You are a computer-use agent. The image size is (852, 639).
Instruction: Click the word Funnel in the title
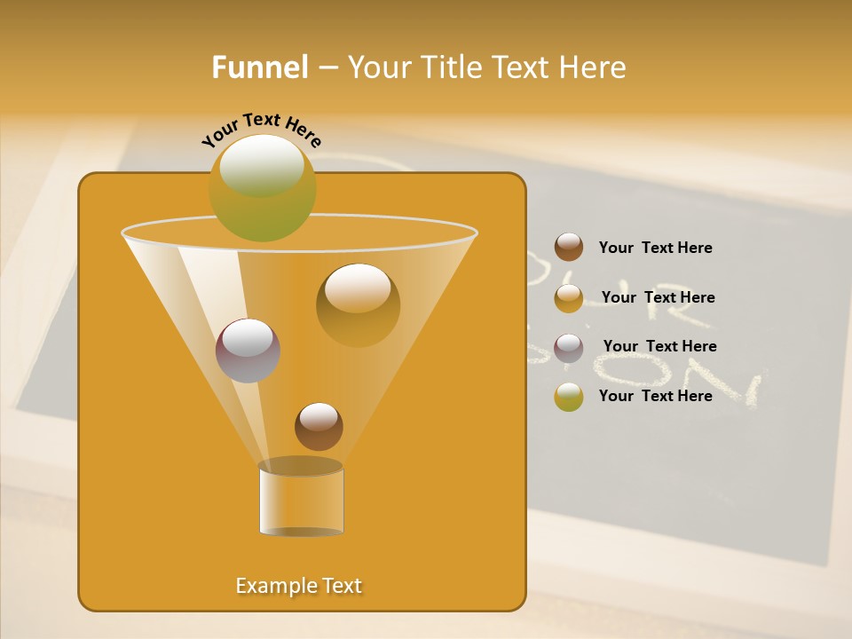pyautogui.click(x=259, y=67)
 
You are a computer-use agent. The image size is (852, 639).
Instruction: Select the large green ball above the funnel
pyautogui.click(x=262, y=187)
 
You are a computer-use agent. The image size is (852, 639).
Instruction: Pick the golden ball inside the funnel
pyautogui.click(x=358, y=304)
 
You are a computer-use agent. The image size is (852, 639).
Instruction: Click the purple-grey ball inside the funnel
pyautogui.click(x=248, y=351)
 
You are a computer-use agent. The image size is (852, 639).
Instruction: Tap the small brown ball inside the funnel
pyautogui.click(x=319, y=426)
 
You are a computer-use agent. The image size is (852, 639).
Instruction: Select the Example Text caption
pyautogui.click(x=299, y=586)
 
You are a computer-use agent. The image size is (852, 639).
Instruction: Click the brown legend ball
pyautogui.click(x=569, y=248)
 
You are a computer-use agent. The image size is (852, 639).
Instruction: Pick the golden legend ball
pyautogui.click(x=569, y=297)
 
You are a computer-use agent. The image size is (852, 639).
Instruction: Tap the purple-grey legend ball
pyautogui.click(x=569, y=347)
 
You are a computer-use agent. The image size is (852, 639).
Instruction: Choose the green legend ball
pyautogui.click(x=569, y=397)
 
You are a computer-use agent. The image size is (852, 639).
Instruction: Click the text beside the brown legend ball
pyautogui.click(x=655, y=248)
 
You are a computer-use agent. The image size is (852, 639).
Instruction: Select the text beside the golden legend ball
pyautogui.click(x=658, y=298)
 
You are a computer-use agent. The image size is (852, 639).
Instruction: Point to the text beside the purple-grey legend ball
pyautogui.click(x=659, y=347)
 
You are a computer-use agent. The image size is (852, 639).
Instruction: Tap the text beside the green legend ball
pyautogui.click(x=655, y=397)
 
